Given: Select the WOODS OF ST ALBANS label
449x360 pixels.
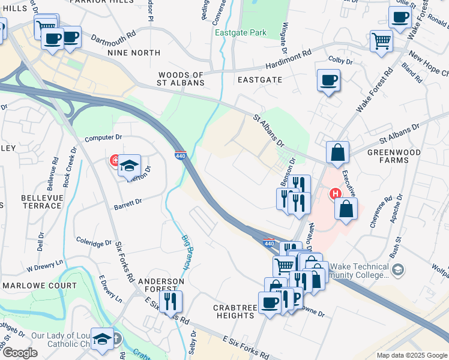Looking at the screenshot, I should click(181, 79).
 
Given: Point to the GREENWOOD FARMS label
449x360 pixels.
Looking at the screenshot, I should click(388, 156).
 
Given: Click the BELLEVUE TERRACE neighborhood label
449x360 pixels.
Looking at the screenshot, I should click(41, 201).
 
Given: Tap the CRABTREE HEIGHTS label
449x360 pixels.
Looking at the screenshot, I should click(234, 311).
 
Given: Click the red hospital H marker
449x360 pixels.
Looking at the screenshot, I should click(336, 193).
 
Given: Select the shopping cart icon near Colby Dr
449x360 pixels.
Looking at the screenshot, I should click(381, 42).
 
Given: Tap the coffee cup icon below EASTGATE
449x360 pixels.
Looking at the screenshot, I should click(328, 80).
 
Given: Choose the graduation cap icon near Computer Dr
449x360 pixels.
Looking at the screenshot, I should click(129, 166).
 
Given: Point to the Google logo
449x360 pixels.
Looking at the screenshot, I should click(19, 353).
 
